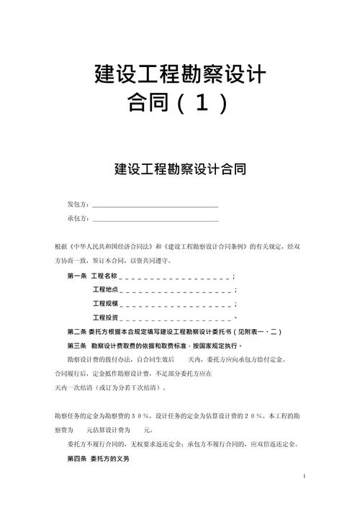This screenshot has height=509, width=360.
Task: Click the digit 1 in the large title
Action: tap(204, 104)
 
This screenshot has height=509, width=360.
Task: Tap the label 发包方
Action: tap(77, 204)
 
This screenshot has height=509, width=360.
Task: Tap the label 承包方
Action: tap(77, 218)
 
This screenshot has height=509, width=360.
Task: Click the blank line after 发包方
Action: tap(155, 206)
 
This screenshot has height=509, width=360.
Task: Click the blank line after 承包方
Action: tap(155, 220)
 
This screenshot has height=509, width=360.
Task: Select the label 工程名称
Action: tap(104, 276)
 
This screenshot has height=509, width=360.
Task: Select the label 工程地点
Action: tap(104, 289)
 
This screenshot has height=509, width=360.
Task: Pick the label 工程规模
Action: tap(104, 303)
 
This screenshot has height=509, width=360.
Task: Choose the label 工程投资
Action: tap(104, 317)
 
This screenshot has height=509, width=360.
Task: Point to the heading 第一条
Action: tap(76, 276)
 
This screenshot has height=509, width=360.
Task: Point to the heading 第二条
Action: tap(76, 331)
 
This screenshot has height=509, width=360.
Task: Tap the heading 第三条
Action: tap(76, 345)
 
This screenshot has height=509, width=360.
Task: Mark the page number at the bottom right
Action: tap(305, 477)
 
